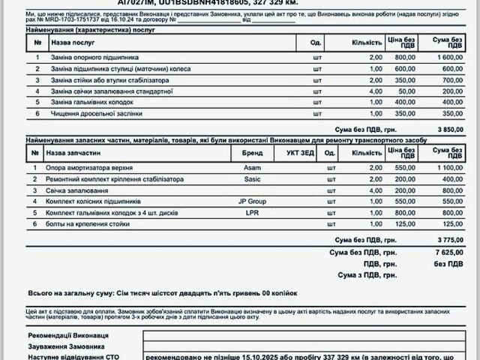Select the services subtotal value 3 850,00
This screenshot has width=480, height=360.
451,129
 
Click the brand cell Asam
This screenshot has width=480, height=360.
253,168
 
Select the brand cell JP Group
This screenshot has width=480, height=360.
253,202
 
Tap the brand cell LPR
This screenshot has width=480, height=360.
253,212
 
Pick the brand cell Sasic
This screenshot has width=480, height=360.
253,179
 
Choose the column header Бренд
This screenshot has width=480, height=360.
253,152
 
